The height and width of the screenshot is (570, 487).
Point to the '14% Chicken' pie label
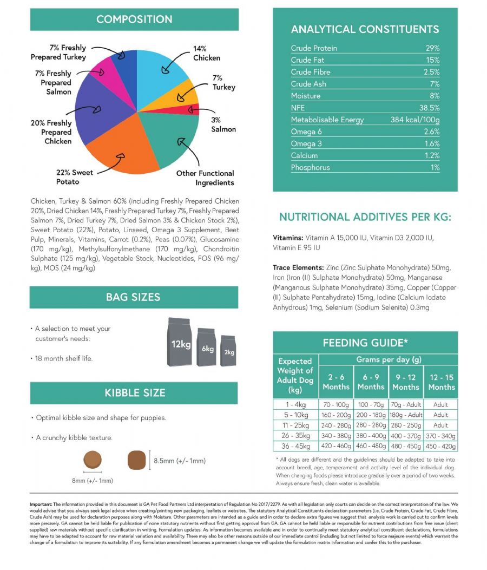(206, 53)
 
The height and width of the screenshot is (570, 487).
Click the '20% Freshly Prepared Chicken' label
(51, 132)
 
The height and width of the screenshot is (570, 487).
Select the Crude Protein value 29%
(432, 48)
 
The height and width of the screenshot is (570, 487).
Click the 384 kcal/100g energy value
(415, 120)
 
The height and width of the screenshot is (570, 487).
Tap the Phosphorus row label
(311, 167)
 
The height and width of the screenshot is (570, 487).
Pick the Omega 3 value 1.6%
(432, 143)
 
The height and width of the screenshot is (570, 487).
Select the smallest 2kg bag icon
(228, 350)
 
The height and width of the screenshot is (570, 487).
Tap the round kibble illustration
(93, 460)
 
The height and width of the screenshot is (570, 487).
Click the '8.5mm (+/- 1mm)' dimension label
(180, 461)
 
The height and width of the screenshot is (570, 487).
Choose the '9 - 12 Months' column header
(406, 382)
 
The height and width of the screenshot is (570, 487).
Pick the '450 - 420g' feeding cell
(440, 446)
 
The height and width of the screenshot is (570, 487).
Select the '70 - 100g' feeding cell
(336, 404)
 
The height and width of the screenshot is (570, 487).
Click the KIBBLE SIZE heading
(135, 393)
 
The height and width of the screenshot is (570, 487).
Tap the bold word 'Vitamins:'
(288, 238)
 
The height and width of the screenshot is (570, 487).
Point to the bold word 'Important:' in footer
(41, 504)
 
